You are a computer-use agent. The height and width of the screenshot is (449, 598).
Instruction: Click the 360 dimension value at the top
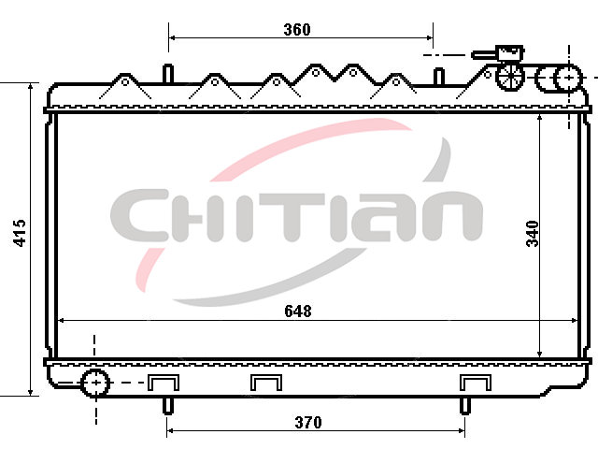coord(297,29)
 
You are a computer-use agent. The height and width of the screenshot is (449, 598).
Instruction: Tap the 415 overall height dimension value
coord(19,233)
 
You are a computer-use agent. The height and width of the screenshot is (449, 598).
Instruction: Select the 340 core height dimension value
coord(533,233)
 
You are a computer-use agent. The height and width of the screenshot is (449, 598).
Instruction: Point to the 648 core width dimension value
coord(298,311)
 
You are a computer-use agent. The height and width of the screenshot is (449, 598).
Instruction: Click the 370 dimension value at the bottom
coord(308,422)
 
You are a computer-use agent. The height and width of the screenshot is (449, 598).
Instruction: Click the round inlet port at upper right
coord(568,78)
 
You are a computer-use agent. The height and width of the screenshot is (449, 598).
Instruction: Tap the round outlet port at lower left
coord(95,383)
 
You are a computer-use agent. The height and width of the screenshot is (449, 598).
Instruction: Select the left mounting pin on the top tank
coord(168,74)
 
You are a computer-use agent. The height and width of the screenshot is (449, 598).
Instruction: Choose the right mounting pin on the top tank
coord(439,77)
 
